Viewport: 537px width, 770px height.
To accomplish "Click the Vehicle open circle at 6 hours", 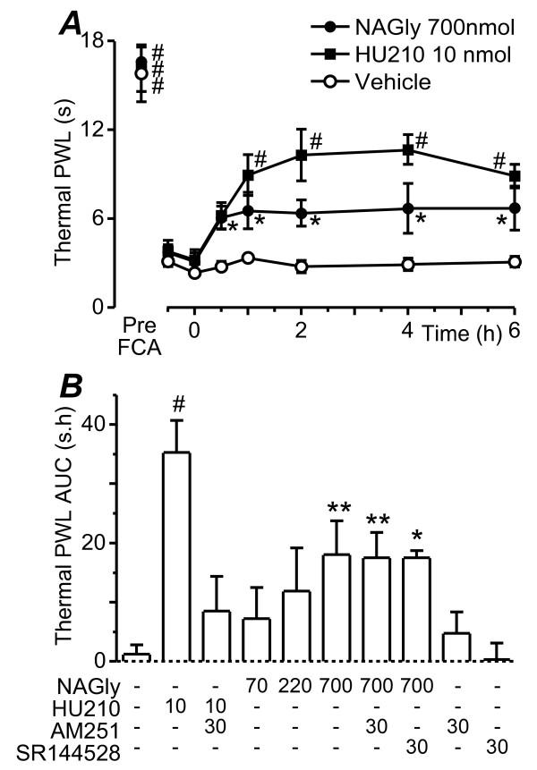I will (x=515, y=262).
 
